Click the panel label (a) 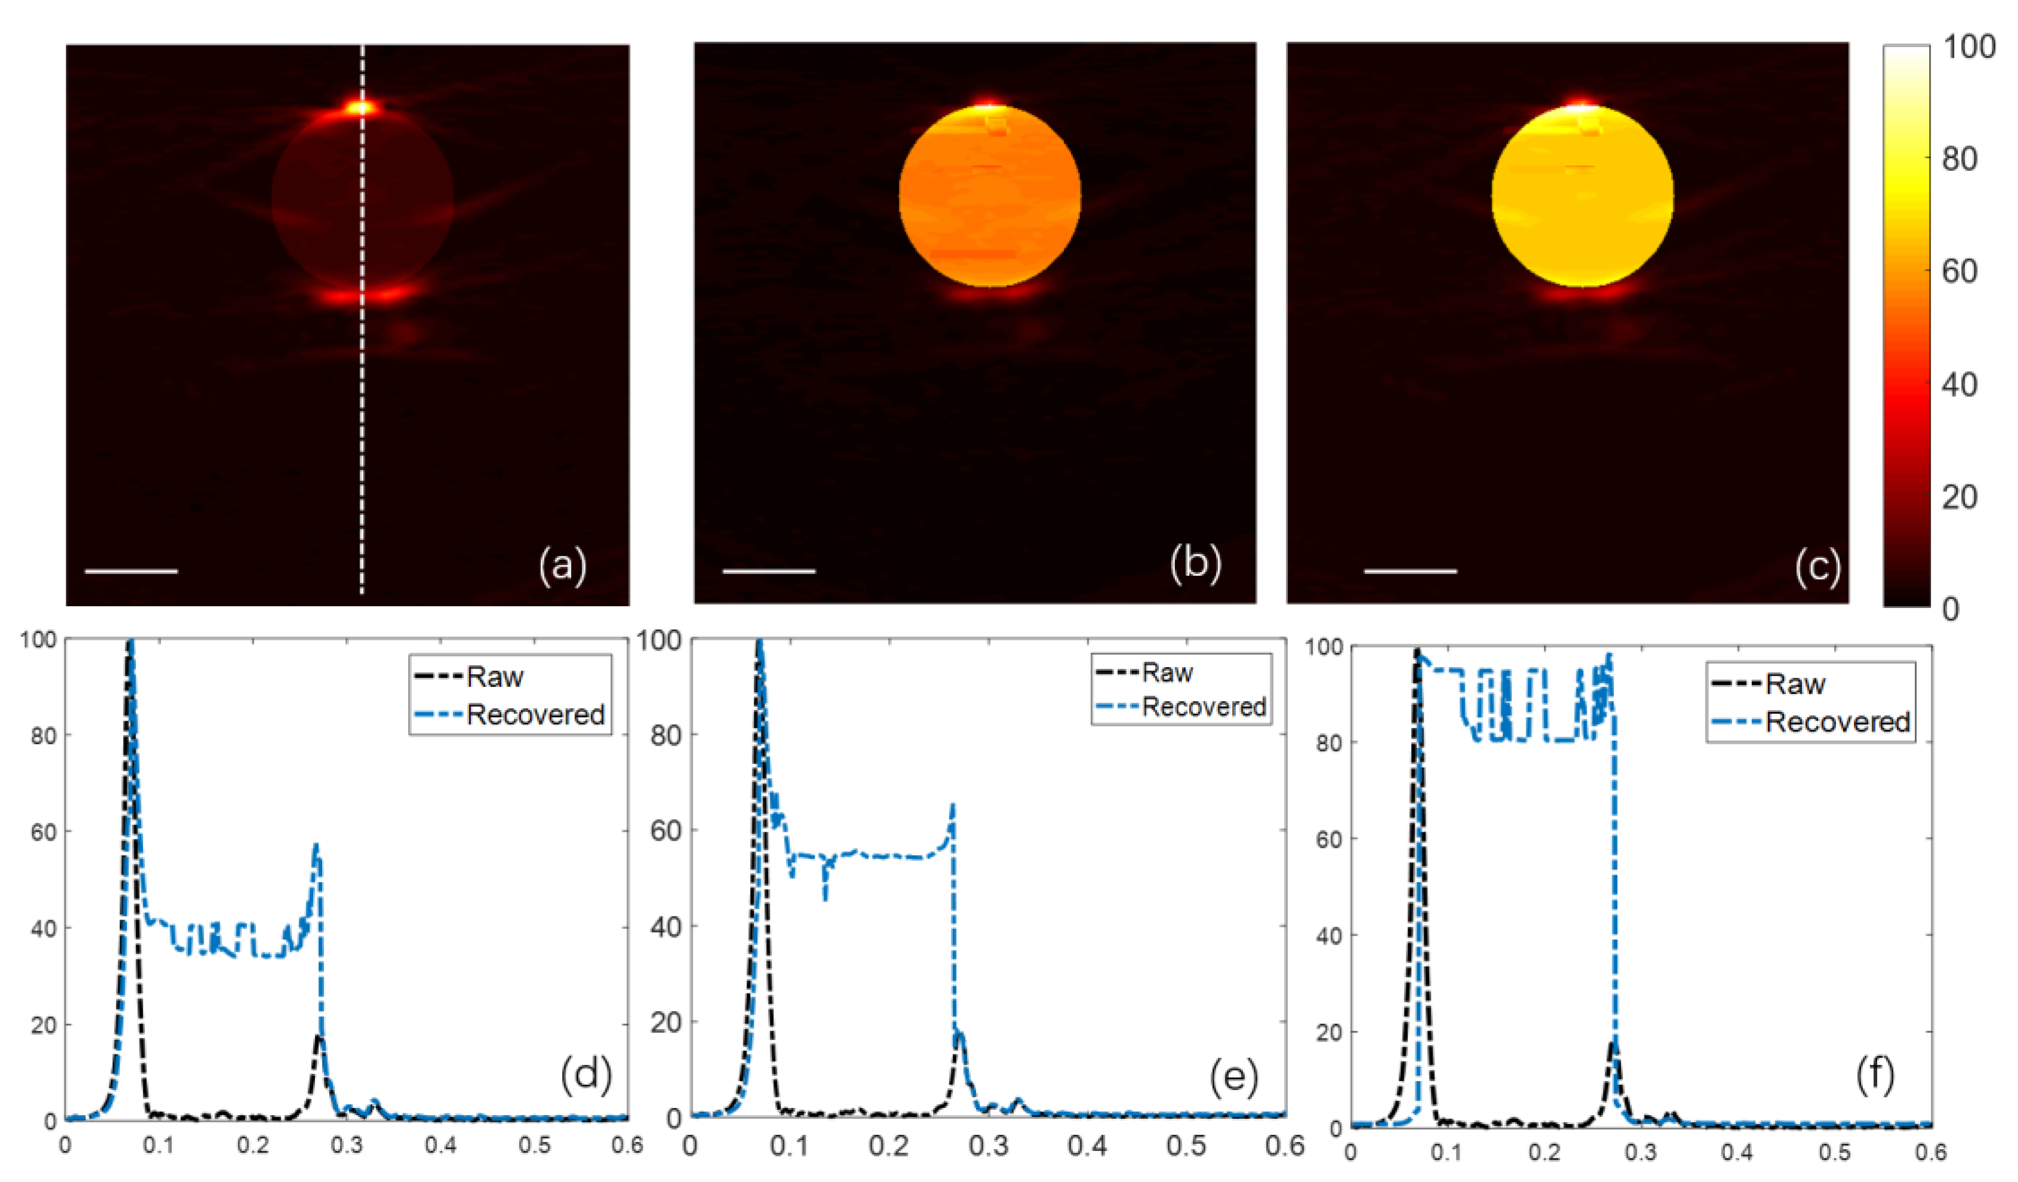pyautogui.click(x=562, y=566)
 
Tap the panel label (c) pyautogui.click(x=1817, y=567)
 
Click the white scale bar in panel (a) pyautogui.click(x=131, y=571)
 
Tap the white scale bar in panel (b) pyautogui.click(x=769, y=571)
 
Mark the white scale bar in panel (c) pyautogui.click(x=1410, y=571)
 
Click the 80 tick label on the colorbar pyautogui.click(x=1959, y=159)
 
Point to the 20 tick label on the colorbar pyautogui.click(x=1959, y=497)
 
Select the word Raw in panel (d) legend pyautogui.click(x=495, y=677)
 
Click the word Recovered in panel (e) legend pyautogui.click(x=1204, y=706)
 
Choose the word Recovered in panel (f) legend pyautogui.click(x=1838, y=721)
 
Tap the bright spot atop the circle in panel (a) pyautogui.click(x=360, y=107)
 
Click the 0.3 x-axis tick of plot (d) pyautogui.click(x=347, y=1145)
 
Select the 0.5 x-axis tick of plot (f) pyautogui.click(x=1835, y=1152)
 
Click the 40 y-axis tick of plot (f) pyautogui.click(x=1328, y=936)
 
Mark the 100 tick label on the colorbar pyautogui.click(x=1968, y=48)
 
